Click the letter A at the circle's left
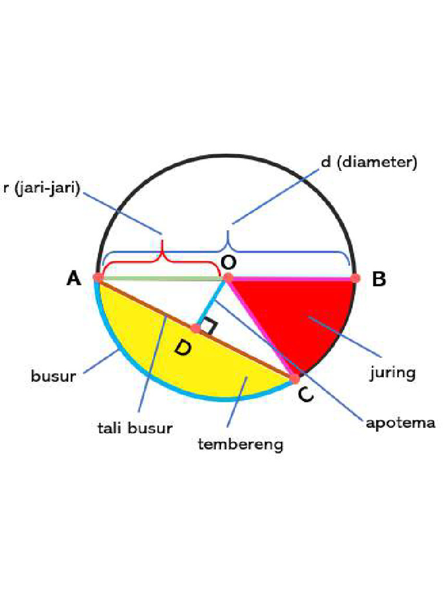coord(74,279)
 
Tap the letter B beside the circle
coord(379,280)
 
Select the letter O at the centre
coord(228,262)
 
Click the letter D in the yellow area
coord(182,349)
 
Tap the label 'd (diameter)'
coord(369,162)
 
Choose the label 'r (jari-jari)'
coord(40,188)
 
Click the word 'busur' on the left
coord(53,376)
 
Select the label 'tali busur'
coord(135,429)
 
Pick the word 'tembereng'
coord(240,445)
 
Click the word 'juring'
coord(393,372)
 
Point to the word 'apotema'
coord(400,422)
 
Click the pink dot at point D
coord(196,329)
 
